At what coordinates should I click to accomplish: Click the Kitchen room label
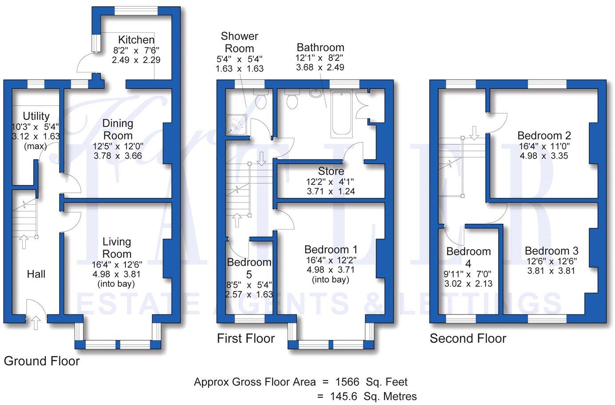136,40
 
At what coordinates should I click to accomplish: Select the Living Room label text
117,248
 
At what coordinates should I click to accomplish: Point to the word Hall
36,274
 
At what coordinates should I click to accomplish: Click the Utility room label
36,116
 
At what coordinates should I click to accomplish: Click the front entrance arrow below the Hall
36,323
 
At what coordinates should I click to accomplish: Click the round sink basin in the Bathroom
316,94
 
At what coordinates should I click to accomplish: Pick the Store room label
331,171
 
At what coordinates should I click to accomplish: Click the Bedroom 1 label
331,250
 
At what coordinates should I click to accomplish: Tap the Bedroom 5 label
248,268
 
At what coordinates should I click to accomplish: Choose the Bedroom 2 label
544,135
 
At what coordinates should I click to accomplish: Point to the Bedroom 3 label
551,251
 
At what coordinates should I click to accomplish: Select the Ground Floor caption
42,361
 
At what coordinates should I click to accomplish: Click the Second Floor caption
468,339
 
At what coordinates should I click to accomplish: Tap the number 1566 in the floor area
347,382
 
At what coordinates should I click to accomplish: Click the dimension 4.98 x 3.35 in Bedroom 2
544,156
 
